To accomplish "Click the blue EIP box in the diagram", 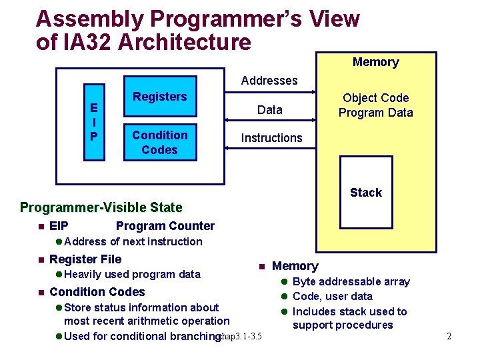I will pos(94,122).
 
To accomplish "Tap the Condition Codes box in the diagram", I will pos(159,142).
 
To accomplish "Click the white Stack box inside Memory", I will pos(366,192).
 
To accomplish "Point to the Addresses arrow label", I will pos(269,81).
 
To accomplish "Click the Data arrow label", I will pos(269,110).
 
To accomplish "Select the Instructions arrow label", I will pos(271,138).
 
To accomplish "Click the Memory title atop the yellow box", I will pos(375,62).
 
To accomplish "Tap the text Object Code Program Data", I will pos(375,105).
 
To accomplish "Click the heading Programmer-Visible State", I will pos(101,207).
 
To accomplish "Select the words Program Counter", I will pos(165,226).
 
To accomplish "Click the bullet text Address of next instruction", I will pos(133,241).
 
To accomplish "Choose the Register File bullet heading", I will pos(85,259).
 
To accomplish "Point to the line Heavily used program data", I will pos(132,274).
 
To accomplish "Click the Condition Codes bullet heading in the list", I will pos(97,292).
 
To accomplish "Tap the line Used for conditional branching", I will pos(142,336).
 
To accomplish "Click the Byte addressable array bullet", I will pos(351,281).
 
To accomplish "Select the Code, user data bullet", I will pos(332,296).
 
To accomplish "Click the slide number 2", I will pos(449,336).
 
